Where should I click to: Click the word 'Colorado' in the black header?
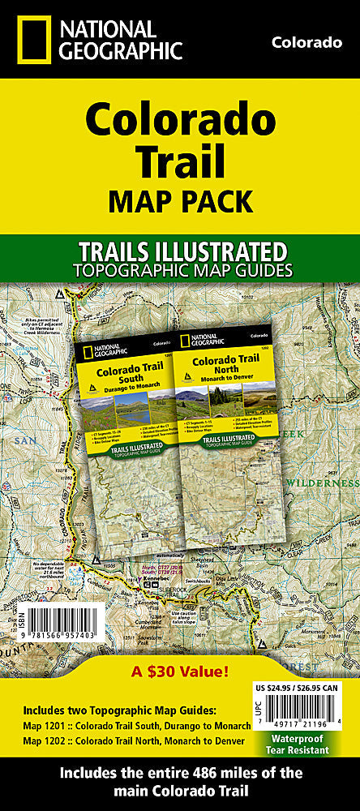(x=306, y=42)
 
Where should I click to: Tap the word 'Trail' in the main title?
(x=179, y=160)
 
